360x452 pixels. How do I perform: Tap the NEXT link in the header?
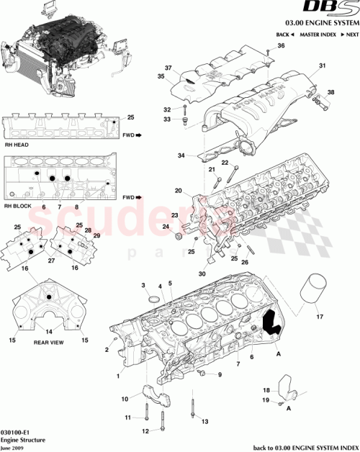pos(351,35)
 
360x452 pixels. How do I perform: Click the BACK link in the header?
pos(284,35)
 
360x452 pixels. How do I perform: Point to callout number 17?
pos(320,315)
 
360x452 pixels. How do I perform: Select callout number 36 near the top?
pos(282,46)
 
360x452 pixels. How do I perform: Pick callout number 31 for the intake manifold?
pos(323,67)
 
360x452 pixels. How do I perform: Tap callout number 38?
pos(331,92)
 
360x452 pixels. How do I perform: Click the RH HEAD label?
pos(17,144)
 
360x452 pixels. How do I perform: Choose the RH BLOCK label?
pos(18,206)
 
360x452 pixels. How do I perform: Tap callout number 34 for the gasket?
pos(181,155)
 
